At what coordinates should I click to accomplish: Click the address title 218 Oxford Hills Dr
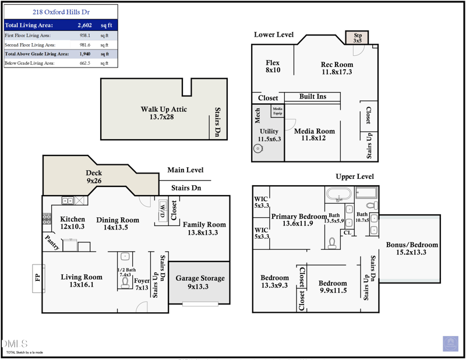pyautogui.click(x=61, y=12)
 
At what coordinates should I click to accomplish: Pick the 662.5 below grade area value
pyautogui.click(x=85, y=63)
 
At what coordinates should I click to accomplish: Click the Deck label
pyautogui.click(x=94, y=177)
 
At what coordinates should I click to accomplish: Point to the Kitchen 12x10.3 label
pyautogui.click(x=73, y=223)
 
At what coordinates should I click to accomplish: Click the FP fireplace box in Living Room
pyautogui.click(x=38, y=278)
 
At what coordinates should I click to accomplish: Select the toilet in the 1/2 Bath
pyautogui.click(x=125, y=282)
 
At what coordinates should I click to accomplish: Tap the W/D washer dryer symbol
pyautogui.click(x=162, y=212)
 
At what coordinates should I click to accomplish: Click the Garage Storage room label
pyautogui.click(x=200, y=282)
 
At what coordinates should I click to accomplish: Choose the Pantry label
pyautogui.click(x=52, y=242)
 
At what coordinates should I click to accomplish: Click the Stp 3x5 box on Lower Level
pyautogui.click(x=358, y=38)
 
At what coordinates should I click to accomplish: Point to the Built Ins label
pyautogui.click(x=313, y=96)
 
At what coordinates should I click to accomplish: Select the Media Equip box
pyautogui.click(x=278, y=111)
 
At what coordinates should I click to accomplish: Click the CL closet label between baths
pyautogui.click(x=348, y=233)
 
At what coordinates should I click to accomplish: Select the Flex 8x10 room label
pyautogui.click(x=273, y=66)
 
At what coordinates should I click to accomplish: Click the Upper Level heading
pyautogui.click(x=354, y=177)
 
